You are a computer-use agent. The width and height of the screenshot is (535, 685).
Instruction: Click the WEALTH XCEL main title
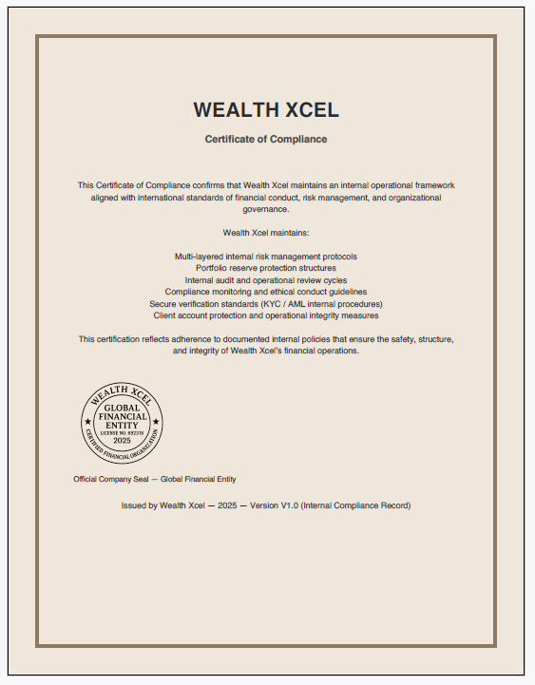[x=266, y=109]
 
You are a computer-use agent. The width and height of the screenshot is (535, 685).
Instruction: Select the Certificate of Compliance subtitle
[x=266, y=139]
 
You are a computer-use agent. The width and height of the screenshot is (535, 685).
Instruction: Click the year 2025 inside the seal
[x=122, y=442]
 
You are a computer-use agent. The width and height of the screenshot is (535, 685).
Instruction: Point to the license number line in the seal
[x=122, y=433]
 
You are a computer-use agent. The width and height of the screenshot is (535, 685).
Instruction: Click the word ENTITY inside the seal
[x=122, y=425]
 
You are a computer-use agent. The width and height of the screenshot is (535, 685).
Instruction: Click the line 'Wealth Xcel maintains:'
[x=266, y=232]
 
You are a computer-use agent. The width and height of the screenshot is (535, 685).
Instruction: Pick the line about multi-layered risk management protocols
[x=266, y=257]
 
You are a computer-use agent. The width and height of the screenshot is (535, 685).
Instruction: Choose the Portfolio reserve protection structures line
[x=266, y=268]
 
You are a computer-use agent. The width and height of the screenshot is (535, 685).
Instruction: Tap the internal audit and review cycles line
[x=266, y=280]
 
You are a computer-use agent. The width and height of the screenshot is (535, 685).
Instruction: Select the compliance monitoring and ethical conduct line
[x=266, y=292]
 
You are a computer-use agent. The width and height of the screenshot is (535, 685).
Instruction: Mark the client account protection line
[x=266, y=314]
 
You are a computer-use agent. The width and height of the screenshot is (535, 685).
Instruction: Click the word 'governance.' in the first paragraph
[x=266, y=208]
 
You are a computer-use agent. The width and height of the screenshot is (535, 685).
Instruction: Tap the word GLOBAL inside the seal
[x=122, y=408]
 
